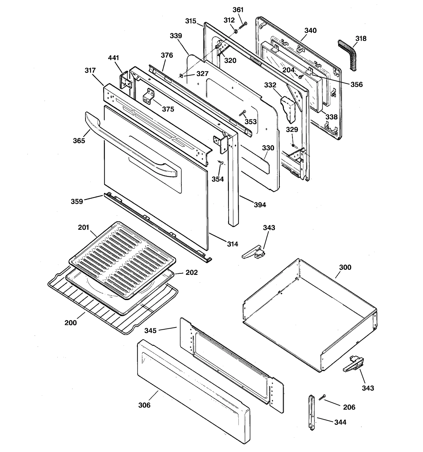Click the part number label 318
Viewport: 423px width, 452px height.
361,39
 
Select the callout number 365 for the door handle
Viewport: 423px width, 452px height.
79,141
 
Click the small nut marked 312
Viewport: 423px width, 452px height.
235,32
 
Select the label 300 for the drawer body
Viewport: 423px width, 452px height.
345,267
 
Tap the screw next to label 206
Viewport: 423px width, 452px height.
322,397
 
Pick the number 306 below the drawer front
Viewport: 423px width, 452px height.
144,405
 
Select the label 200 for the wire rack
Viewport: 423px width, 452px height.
71,323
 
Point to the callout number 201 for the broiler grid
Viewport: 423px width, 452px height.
83,227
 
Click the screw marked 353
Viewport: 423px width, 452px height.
243,113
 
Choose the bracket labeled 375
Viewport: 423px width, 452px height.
149,96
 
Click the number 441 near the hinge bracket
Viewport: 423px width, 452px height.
113,58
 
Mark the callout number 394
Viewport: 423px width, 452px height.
260,205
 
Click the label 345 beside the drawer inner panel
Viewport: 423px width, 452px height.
150,330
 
